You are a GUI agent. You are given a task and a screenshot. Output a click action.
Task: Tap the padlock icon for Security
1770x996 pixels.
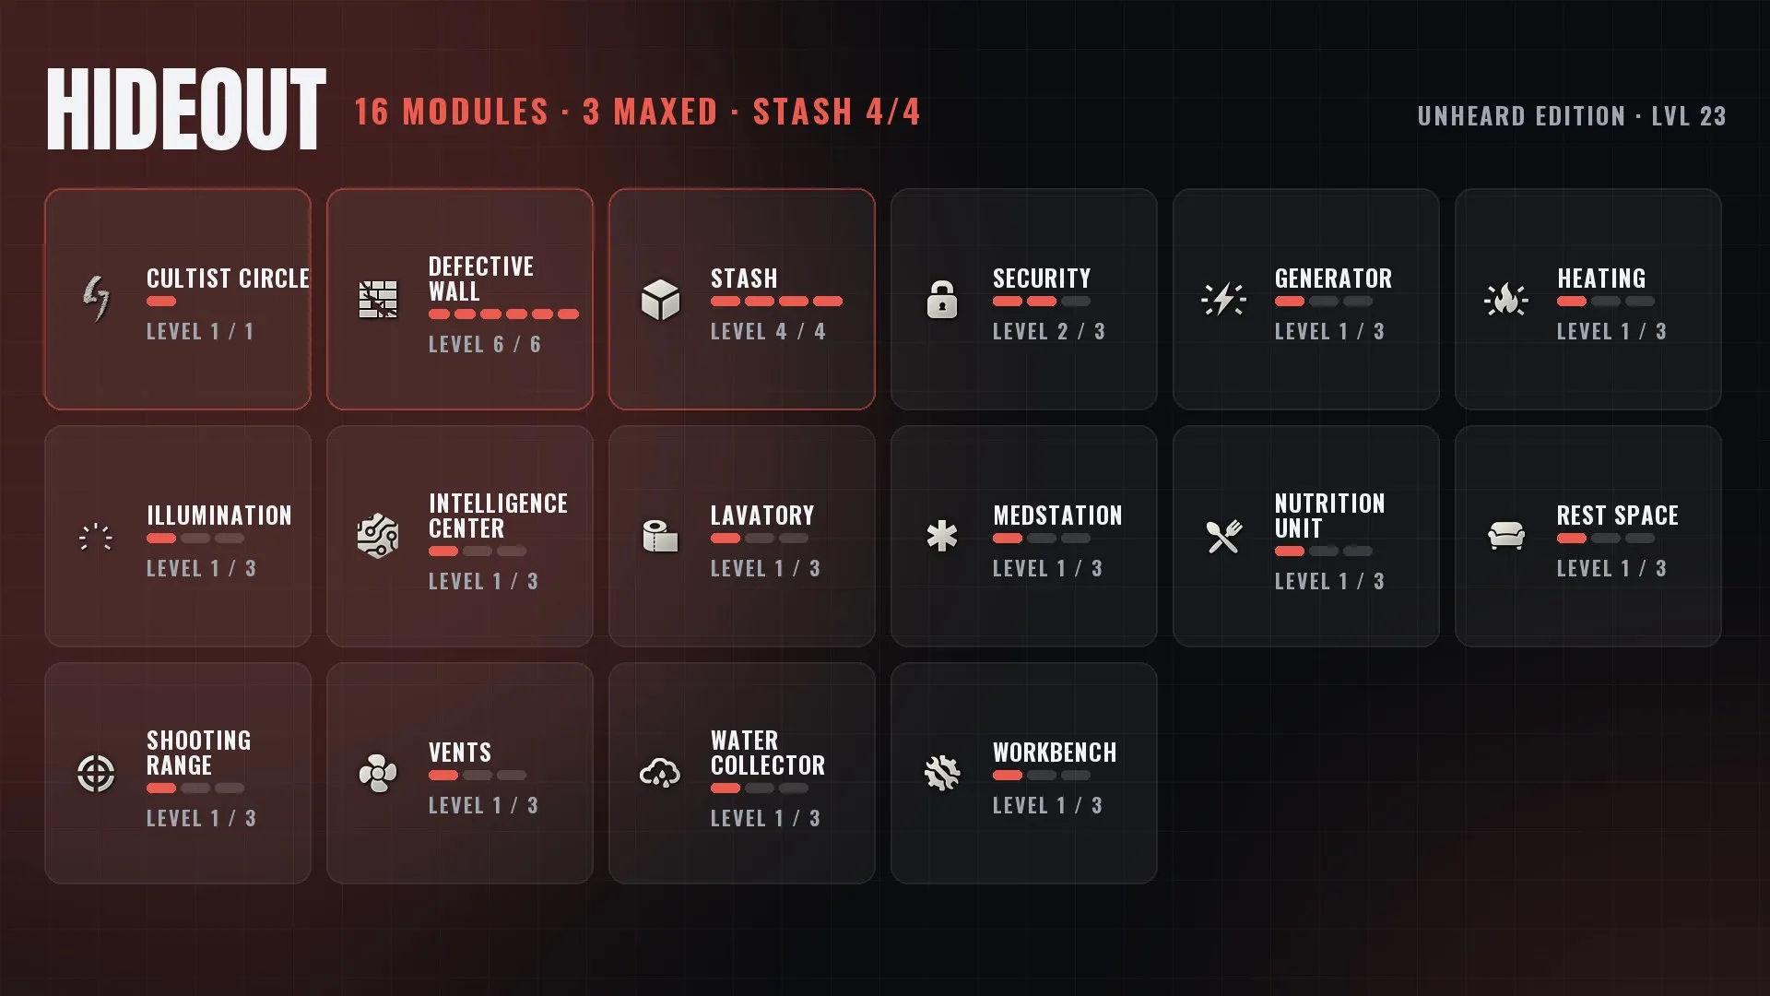coord(941,300)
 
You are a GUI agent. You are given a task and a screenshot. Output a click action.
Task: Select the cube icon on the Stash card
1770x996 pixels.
coord(660,300)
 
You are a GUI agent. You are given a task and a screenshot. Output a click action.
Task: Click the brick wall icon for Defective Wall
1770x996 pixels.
coord(378,300)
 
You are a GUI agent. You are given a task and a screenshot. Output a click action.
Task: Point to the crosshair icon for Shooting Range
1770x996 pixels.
coord(96,774)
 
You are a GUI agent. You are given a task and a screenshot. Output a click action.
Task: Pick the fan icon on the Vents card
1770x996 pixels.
coord(378,774)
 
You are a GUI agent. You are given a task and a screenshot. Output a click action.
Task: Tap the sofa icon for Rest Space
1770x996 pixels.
coord(1506,536)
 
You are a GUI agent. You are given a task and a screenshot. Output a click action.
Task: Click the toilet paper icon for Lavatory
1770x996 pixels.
coord(660,536)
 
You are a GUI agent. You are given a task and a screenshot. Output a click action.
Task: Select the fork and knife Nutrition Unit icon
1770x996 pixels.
coord(1224,537)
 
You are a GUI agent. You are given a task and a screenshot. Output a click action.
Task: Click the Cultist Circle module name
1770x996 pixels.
coord(228,279)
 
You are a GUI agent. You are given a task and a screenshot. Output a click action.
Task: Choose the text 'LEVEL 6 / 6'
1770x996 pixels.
coord(485,344)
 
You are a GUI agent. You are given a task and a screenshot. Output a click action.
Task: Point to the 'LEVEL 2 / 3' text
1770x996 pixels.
coord(1049,331)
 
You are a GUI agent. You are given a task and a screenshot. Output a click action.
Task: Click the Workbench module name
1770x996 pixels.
coord(1055,753)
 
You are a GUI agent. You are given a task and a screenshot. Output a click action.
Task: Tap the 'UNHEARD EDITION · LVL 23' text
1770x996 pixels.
coord(1572,116)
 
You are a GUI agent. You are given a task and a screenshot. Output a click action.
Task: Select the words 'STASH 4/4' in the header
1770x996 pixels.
coord(836,112)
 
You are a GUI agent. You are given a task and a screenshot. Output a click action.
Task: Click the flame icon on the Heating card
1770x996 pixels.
coord(1506,300)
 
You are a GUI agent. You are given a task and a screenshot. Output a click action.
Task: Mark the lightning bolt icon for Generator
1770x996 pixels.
coord(1224,300)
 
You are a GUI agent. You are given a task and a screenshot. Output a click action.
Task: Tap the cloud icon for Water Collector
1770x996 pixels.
coord(660,774)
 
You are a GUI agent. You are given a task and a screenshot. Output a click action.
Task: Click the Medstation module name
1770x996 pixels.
coord(1057,516)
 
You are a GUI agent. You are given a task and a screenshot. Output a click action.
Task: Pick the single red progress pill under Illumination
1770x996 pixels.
coord(161,539)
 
